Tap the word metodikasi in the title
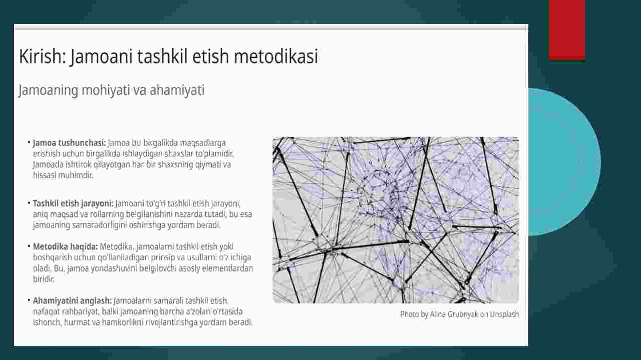click(276, 56)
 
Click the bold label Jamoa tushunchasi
click(69, 143)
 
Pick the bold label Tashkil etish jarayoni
click(73, 203)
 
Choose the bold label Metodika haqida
click(65, 246)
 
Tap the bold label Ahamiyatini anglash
click(72, 300)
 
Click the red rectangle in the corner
click(566, 30)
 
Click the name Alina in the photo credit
click(438, 314)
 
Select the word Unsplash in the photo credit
click(504, 314)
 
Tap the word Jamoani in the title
click(102, 57)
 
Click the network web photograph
click(396, 220)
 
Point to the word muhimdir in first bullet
click(76, 175)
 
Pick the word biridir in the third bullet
click(44, 279)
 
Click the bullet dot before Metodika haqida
click(29, 246)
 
